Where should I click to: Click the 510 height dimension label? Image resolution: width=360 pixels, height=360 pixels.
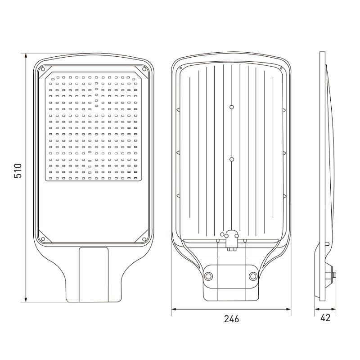(18, 171)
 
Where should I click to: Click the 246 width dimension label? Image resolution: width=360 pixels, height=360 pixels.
(231, 319)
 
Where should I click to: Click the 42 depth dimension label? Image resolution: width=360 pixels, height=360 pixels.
(325, 318)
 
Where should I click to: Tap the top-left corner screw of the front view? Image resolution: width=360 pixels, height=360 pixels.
(43, 69)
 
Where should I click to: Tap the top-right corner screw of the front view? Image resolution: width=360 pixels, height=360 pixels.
(144, 69)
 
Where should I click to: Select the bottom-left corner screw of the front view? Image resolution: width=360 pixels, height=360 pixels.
(43, 239)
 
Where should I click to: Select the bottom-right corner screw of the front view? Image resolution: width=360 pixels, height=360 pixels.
(144, 239)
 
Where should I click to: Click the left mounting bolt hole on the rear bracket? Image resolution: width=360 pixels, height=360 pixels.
(208, 276)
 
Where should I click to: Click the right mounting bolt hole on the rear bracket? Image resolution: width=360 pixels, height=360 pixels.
(253, 276)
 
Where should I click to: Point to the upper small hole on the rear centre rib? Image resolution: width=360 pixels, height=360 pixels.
(232, 107)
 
